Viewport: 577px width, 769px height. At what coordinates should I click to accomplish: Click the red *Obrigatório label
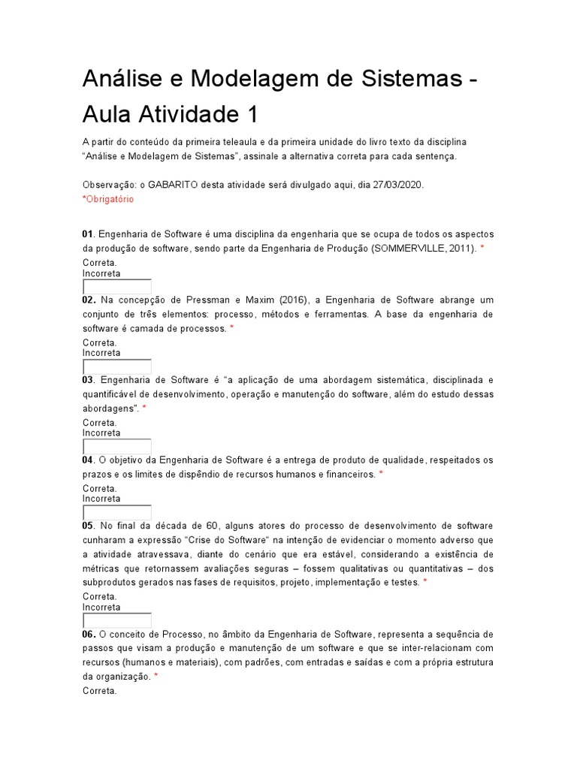pos(108,199)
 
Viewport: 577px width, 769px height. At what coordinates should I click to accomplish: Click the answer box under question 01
pos(116,287)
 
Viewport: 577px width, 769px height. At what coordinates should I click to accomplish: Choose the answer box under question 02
pos(116,367)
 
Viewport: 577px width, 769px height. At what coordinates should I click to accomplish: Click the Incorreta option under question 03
pos(101,433)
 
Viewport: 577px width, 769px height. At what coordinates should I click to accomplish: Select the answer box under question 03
pos(116,447)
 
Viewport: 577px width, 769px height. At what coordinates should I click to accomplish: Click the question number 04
pos(87,460)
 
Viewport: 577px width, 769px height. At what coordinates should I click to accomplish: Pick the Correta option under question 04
pos(99,488)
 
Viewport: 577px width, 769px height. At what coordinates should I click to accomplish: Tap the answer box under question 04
pos(116,513)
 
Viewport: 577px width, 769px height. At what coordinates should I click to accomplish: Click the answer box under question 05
pos(116,621)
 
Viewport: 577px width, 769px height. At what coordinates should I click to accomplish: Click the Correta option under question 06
pos(99,691)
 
